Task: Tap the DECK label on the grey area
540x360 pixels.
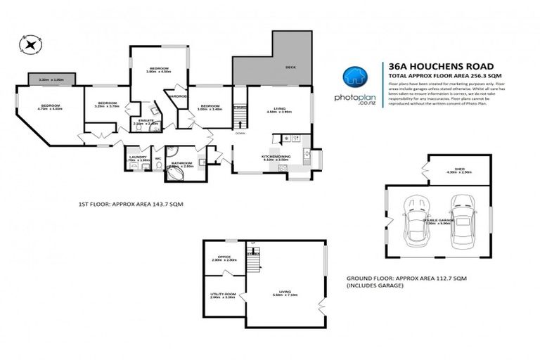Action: point(289,67)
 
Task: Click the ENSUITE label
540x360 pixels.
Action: point(146,122)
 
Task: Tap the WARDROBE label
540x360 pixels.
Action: point(177,96)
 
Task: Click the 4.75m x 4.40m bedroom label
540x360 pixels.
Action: point(49,108)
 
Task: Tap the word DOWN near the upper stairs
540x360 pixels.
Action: point(240,132)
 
